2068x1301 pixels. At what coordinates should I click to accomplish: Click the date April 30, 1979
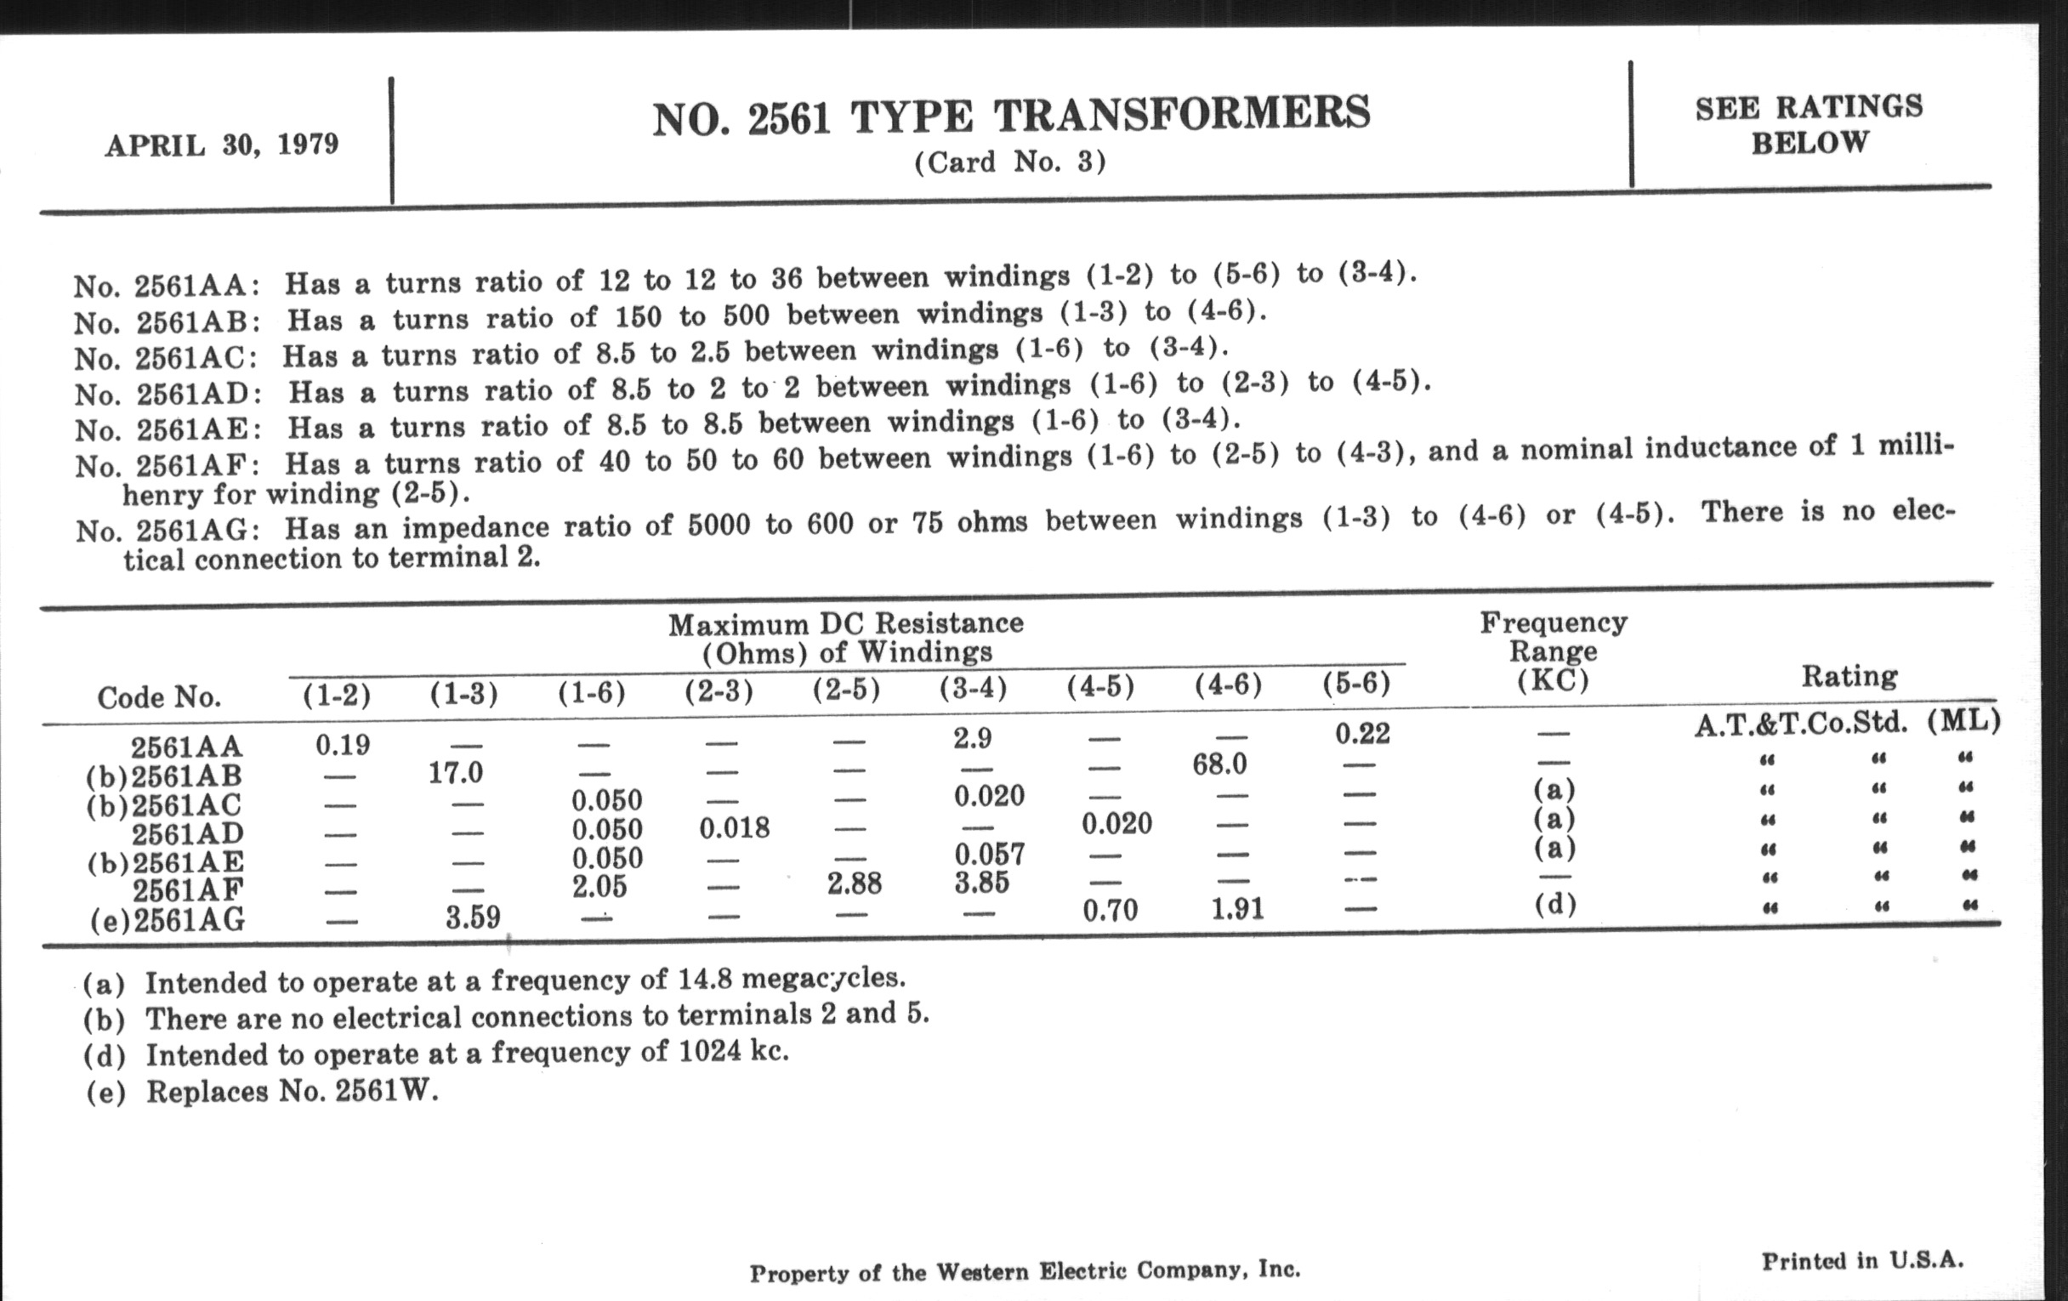[x=222, y=145]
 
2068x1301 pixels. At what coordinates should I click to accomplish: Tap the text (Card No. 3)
[x=1010, y=162]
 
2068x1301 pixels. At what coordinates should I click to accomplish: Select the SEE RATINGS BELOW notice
[x=1809, y=124]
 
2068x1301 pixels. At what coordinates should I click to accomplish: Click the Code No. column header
[x=159, y=697]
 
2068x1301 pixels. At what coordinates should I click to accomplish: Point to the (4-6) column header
[x=1228, y=685]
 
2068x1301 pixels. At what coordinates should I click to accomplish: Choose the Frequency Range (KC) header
[x=1553, y=651]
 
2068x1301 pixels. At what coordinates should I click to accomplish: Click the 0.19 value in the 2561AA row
[x=343, y=745]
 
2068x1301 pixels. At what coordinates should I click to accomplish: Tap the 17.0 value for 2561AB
[x=455, y=773]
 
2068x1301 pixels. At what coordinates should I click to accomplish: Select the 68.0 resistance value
[x=1219, y=764]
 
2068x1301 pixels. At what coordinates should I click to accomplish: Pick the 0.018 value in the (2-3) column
[x=735, y=828]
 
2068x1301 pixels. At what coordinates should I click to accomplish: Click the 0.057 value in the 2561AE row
[x=989, y=855]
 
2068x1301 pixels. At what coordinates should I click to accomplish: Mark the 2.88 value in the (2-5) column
[x=855, y=883]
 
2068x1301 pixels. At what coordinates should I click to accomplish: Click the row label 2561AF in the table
[x=188, y=890]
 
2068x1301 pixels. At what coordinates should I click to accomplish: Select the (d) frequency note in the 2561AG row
[x=1554, y=904]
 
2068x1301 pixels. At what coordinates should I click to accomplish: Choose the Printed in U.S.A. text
[x=1862, y=1261]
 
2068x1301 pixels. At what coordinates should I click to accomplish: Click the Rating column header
[x=1849, y=677]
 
